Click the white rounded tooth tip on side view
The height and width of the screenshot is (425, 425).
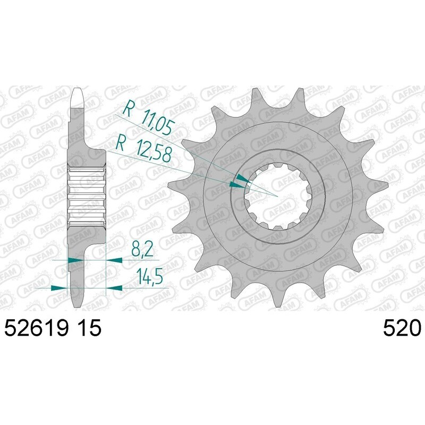pos(78,96)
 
